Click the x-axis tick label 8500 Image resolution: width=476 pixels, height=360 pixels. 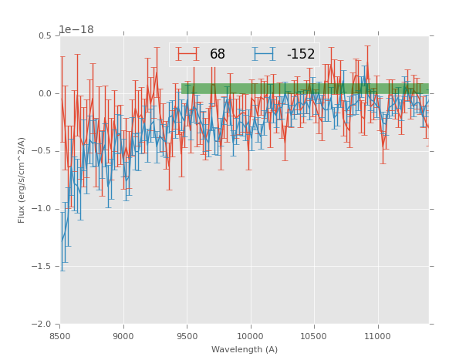click(60, 336)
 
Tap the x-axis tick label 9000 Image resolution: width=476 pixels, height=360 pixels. click(123, 336)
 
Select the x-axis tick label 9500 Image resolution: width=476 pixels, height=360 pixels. click(187, 336)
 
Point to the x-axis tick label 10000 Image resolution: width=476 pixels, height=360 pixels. click(250, 336)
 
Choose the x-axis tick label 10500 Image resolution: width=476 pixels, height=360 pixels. click(313, 336)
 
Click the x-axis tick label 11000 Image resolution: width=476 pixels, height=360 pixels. click(376, 336)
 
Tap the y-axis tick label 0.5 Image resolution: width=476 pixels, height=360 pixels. click(45, 36)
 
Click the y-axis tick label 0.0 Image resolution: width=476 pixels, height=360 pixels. click(45, 94)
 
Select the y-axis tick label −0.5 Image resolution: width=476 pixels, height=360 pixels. click(43, 151)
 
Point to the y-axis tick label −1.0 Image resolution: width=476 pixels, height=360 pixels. click(43, 209)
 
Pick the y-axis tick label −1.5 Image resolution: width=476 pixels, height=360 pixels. click(43, 267)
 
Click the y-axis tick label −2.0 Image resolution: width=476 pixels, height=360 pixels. click(43, 325)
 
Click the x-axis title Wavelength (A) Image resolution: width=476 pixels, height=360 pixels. click(245, 349)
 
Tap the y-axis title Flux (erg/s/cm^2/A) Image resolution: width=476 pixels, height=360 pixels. click(22, 180)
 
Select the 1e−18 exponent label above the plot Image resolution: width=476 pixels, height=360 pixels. click(76, 30)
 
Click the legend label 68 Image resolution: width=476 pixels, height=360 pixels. click(218, 55)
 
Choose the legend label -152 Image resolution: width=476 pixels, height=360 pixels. click(300, 55)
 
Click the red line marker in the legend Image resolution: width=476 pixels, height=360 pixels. click(188, 55)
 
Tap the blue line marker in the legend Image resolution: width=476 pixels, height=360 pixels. click(265, 55)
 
